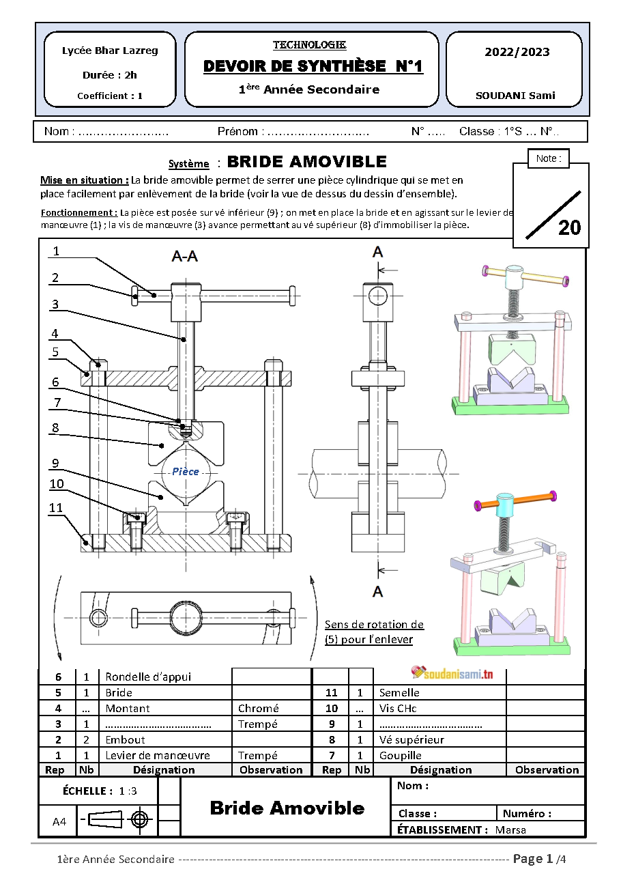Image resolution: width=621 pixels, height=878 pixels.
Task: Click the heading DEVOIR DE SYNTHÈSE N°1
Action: pos(313,66)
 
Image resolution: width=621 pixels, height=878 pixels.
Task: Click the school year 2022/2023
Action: pos(517,52)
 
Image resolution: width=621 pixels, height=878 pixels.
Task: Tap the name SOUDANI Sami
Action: pos(515,96)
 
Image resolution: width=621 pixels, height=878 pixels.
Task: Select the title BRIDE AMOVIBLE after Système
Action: pos(306,162)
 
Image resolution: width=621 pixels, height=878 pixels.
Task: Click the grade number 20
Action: pos(569,227)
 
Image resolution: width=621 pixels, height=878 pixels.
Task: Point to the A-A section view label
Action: pos(185,257)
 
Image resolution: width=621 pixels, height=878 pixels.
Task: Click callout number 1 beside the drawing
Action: pos(56,251)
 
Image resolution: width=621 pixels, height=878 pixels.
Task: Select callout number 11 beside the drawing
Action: pos(56,508)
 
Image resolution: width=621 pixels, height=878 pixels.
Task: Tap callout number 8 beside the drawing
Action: pos(56,428)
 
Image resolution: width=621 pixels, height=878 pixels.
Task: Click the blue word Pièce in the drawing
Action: pos(186,472)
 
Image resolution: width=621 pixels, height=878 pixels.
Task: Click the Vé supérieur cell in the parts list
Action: pos(411,739)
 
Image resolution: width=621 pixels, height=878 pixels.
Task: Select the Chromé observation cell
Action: pos(259,709)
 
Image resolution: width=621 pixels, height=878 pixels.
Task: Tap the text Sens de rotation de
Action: pos(374,625)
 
